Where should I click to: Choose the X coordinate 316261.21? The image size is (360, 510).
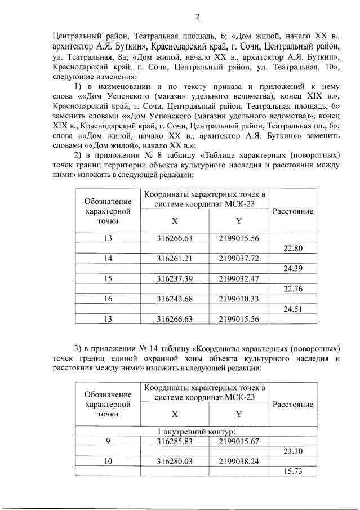tap(175, 258)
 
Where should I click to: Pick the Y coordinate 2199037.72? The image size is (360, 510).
tap(239, 258)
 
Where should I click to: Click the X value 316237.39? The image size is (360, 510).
tap(175, 278)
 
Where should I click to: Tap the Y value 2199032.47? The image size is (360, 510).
tap(239, 278)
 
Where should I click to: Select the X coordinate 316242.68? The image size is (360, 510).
tap(175, 299)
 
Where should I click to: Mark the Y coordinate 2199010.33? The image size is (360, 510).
tap(239, 299)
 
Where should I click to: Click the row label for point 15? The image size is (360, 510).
tap(108, 278)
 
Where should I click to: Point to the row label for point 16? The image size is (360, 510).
tap(108, 299)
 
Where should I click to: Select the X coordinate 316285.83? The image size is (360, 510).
tap(175, 441)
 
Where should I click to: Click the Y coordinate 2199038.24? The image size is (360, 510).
tap(239, 461)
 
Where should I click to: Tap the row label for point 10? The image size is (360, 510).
tap(108, 461)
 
